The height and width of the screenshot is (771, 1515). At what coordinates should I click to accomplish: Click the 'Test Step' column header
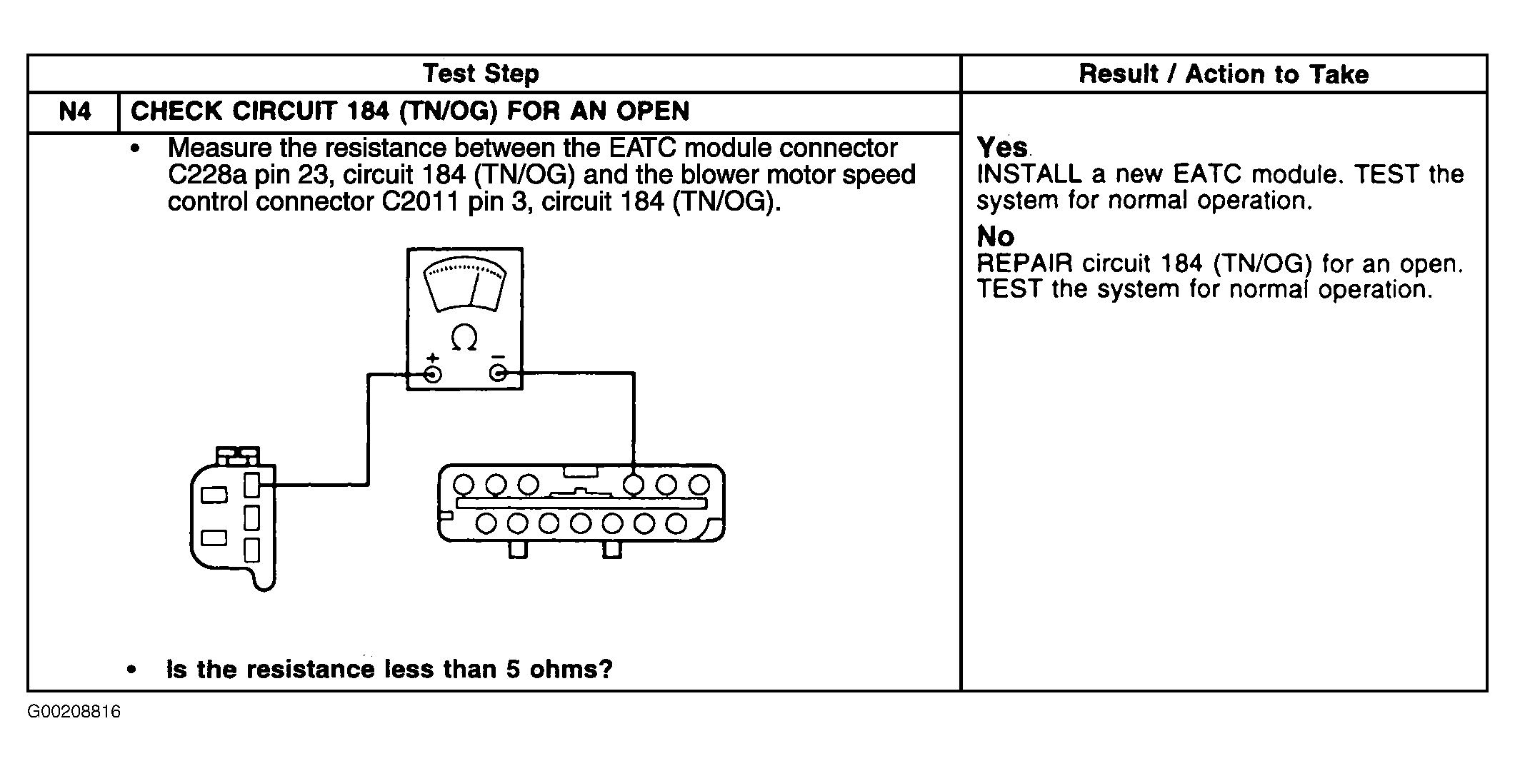[481, 74]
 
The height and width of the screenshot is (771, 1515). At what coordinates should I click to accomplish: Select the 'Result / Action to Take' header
[1224, 74]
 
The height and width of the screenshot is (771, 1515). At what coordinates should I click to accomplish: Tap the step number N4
[75, 112]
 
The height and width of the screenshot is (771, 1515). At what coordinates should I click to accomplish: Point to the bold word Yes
[1002, 148]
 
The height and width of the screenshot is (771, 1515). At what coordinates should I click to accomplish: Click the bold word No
[995, 236]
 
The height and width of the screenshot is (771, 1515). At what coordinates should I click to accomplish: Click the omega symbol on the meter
[464, 338]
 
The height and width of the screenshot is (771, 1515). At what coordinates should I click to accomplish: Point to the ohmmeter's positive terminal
[433, 374]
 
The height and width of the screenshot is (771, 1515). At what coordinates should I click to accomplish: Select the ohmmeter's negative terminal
[498, 373]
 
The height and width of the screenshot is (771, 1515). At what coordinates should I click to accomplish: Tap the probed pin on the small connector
[251, 485]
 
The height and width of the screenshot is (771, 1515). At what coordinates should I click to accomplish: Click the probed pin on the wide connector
[634, 485]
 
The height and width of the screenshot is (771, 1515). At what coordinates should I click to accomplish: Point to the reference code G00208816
[74, 712]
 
